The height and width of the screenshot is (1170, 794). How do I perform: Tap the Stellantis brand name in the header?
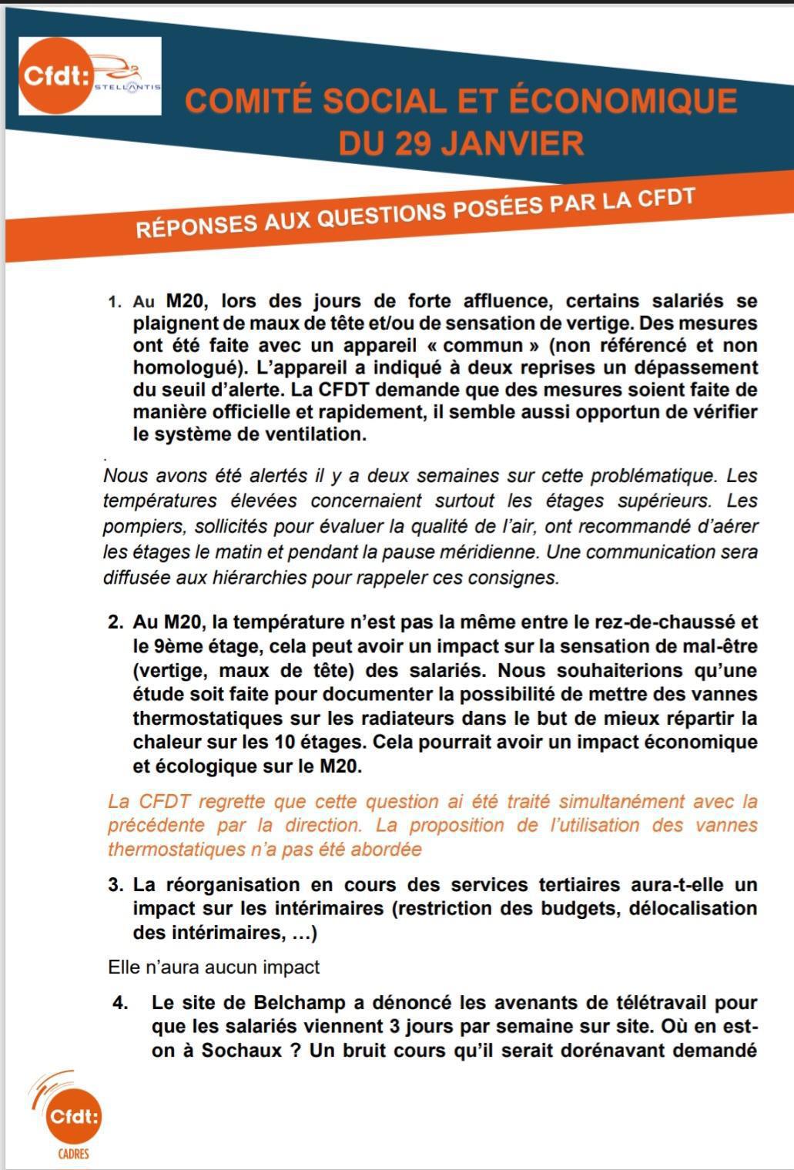(127, 87)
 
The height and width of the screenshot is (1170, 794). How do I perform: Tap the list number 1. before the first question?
(115, 302)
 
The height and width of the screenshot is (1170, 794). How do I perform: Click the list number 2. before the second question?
(116, 622)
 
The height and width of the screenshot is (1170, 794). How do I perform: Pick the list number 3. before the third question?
(116, 885)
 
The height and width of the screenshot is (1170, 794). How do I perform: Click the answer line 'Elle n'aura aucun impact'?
(213, 967)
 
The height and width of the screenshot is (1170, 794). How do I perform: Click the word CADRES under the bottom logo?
(73, 1154)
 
